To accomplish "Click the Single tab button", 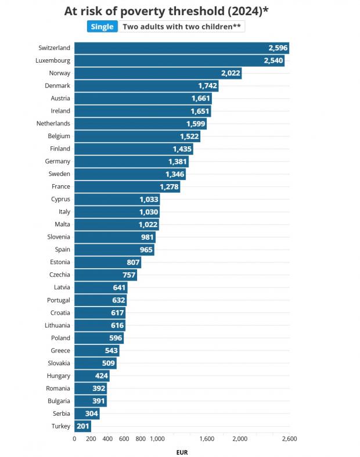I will (x=102, y=27).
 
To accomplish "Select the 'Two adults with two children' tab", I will (x=181, y=27).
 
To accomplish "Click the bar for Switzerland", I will (x=181, y=48).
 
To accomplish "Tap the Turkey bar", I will (x=82, y=426).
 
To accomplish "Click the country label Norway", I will (x=60, y=73).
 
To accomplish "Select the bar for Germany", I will (x=131, y=161).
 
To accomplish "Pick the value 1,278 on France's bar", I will (x=169, y=186).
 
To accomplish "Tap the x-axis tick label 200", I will (x=91, y=439).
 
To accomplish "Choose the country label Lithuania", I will (x=57, y=325).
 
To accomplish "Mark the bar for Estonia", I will (x=107, y=262).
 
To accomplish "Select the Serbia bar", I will (x=87, y=413).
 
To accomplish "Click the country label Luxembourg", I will (x=54, y=60).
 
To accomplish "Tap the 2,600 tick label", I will (x=289, y=439).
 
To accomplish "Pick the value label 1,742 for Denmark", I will (x=207, y=85).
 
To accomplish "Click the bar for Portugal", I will (x=100, y=300).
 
